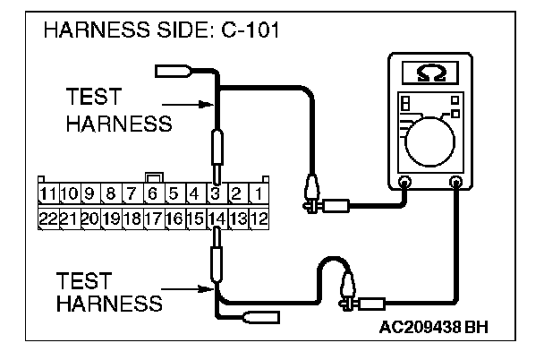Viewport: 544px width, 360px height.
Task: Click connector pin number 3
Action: pyautogui.click(x=215, y=193)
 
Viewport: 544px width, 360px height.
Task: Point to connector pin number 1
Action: pyautogui.click(x=258, y=193)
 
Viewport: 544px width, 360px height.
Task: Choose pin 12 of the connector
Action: pyautogui.click(x=258, y=218)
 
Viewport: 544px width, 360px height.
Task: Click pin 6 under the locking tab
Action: pyautogui.click(x=152, y=193)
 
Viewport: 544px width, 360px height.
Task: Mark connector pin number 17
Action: pyautogui.click(x=152, y=218)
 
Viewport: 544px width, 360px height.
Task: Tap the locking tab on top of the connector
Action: pyautogui.click(x=152, y=177)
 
